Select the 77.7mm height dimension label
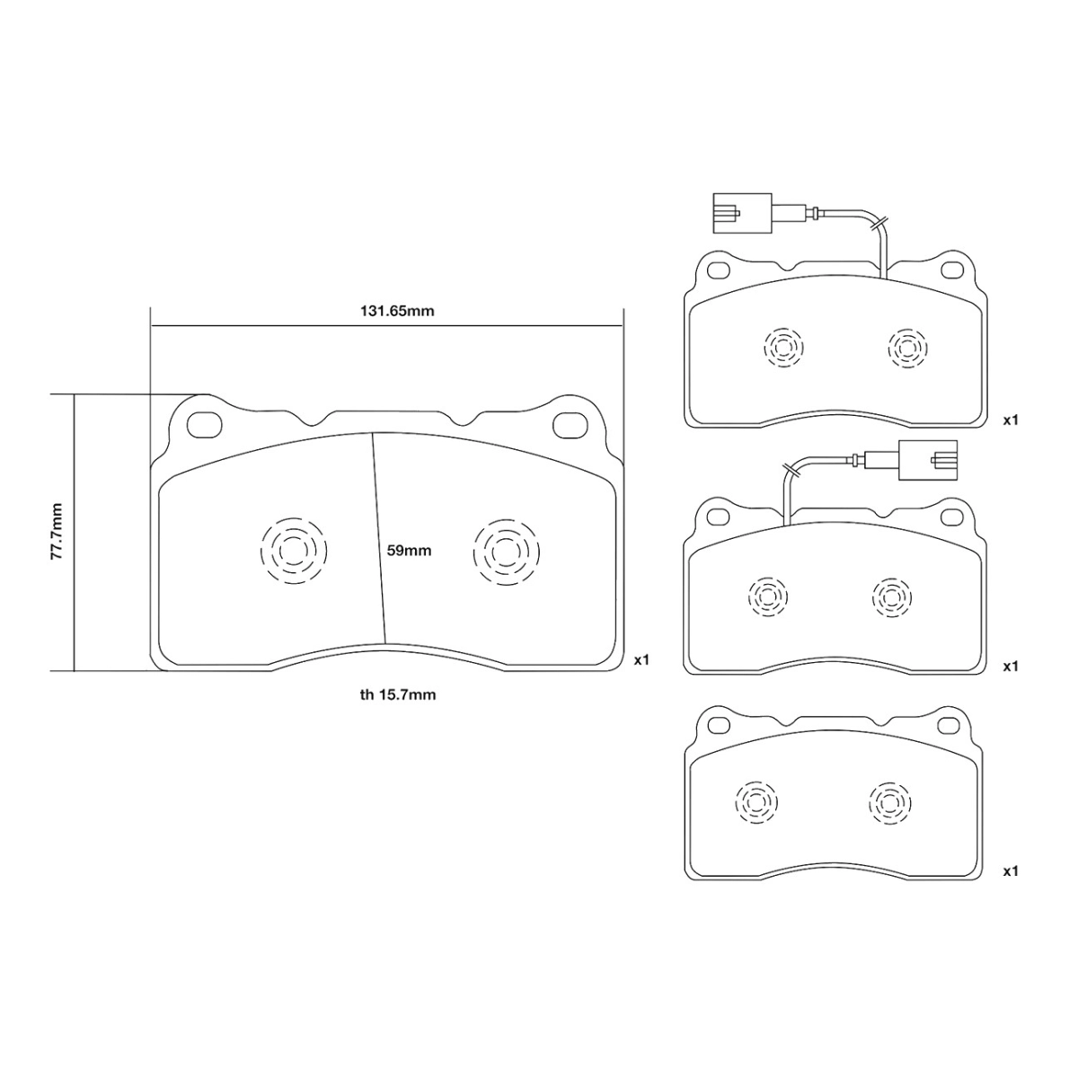[x=57, y=532]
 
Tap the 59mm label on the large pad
[x=410, y=551]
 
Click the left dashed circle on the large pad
[x=293, y=550]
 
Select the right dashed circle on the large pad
[x=506, y=550]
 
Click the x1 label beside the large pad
[x=641, y=660]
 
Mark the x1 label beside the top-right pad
[x=1011, y=420]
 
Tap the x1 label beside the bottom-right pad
[x=1011, y=870]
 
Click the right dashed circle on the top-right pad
[x=907, y=347]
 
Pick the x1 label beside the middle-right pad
[x=1011, y=666]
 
